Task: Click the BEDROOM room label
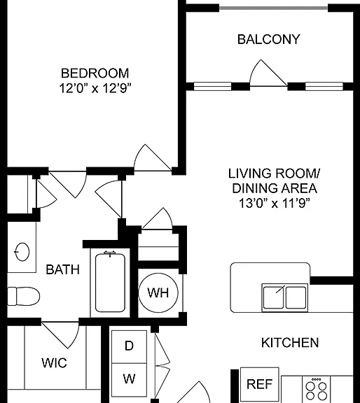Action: point(95,73)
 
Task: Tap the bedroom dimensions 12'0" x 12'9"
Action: point(95,89)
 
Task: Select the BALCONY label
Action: point(269,39)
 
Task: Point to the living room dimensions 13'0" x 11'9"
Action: point(274,204)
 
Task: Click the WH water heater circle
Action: point(158,292)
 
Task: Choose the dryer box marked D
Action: point(129,347)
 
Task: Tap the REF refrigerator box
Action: point(259,384)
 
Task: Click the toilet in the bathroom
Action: point(23,296)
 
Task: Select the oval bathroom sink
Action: point(22,252)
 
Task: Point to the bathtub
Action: point(110,282)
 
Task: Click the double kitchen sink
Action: point(285,297)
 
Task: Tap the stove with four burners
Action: point(317,389)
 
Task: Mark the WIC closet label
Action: point(54,363)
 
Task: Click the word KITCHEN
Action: point(290,343)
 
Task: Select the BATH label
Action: point(62,269)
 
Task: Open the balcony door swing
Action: point(268,73)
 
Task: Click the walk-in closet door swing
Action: point(60,335)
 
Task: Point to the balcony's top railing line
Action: point(274,8)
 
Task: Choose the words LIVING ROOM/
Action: point(274,174)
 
